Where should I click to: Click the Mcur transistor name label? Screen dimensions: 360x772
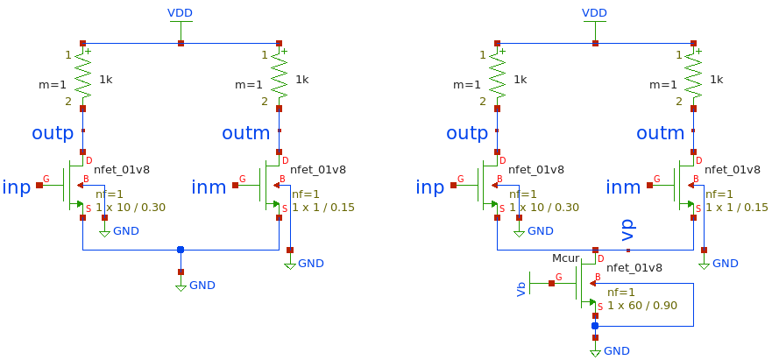pyautogui.click(x=565, y=259)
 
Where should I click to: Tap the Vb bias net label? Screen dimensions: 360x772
pyautogui.click(x=521, y=288)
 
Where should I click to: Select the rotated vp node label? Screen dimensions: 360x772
pyautogui.click(x=627, y=230)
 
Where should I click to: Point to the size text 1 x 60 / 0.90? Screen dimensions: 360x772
pyautogui.click(x=641, y=305)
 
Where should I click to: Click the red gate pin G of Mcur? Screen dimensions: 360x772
pyautogui.click(x=552, y=282)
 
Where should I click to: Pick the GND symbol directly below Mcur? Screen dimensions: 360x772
pyautogui.click(x=596, y=349)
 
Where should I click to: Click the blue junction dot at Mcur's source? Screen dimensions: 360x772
pyautogui.click(x=595, y=326)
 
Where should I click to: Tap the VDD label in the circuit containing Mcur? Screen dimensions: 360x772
pyautogui.click(x=595, y=12)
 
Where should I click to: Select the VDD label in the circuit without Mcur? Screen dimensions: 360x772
pyautogui.click(x=180, y=12)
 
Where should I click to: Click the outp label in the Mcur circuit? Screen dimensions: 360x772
pyautogui.click(x=466, y=134)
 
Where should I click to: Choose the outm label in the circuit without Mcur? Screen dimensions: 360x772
pyautogui.click(x=246, y=134)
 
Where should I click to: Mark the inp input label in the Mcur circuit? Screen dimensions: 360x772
pyautogui.click(x=429, y=187)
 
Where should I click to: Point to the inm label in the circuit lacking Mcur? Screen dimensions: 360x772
pyautogui.click(x=209, y=187)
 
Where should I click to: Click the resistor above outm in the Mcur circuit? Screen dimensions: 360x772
pyautogui.click(x=693, y=78)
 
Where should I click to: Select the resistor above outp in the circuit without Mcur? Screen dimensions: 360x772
pyautogui.click(x=83, y=78)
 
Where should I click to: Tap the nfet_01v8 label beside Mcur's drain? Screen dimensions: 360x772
pyautogui.click(x=634, y=268)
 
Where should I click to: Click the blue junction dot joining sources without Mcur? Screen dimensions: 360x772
pyautogui.click(x=181, y=250)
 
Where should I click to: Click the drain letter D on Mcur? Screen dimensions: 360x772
pyautogui.click(x=601, y=258)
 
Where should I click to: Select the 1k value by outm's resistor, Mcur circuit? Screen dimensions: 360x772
pyautogui.click(x=716, y=79)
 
